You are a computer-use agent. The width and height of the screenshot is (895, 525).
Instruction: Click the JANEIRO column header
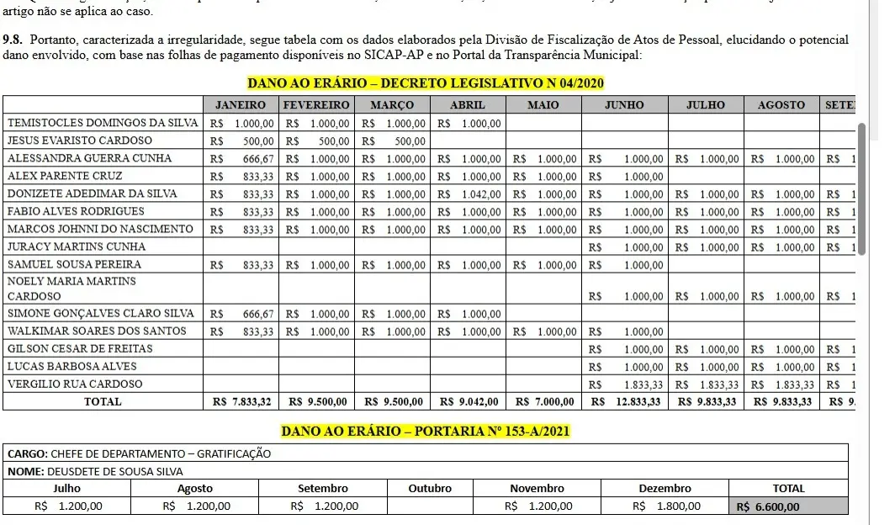[241, 105]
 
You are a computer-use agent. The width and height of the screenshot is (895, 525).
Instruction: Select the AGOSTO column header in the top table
[781, 105]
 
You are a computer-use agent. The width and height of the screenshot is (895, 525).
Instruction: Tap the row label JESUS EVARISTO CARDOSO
[80, 141]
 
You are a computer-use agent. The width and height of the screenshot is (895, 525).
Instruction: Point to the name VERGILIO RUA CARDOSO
[75, 384]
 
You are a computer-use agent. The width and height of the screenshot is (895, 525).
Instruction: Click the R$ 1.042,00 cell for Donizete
[468, 194]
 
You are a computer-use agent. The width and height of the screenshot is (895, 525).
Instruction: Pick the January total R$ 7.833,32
[242, 401]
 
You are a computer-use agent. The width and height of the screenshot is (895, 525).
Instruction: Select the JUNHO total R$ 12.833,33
[627, 401]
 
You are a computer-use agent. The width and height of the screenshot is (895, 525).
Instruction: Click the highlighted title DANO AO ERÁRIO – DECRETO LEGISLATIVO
[426, 84]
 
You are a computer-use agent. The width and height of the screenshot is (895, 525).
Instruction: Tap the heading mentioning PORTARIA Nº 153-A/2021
[426, 432]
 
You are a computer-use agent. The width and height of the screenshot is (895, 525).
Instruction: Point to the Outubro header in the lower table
[430, 488]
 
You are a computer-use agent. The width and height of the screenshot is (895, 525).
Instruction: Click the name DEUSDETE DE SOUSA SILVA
[115, 471]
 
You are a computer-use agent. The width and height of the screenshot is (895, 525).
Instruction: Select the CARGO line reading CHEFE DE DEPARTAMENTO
[139, 453]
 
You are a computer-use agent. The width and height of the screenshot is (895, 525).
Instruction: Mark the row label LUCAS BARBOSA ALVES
[65, 366]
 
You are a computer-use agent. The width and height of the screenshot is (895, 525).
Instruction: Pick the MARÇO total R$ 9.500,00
[392, 401]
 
